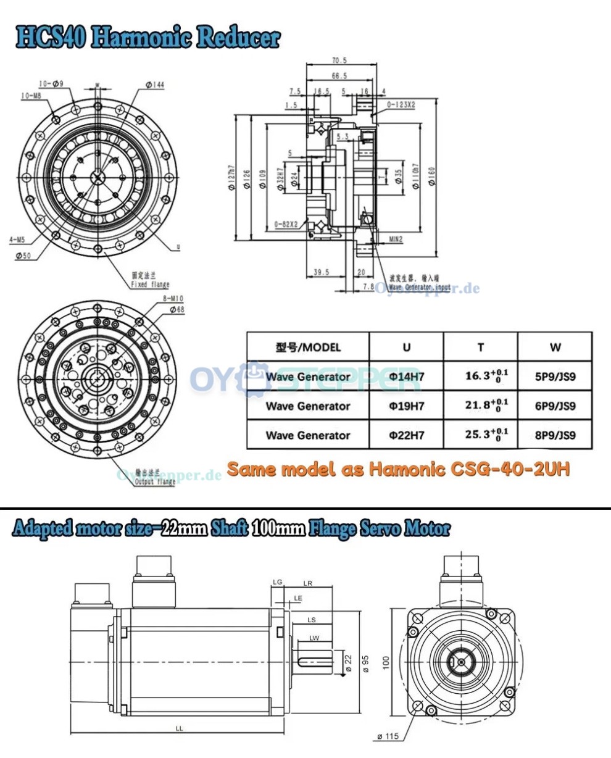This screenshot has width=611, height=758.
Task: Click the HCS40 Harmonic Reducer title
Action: pyautogui.click(x=148, y=38)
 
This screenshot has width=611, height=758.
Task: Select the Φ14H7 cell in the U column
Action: pyautogui.click(x=406, y=377)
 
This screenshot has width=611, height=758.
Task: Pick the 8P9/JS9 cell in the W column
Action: pyautogui.click(x=554, y=435)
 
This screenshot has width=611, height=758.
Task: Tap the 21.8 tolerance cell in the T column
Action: pyautogui.click(x=486, y=406)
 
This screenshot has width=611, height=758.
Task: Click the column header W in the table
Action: pyautogui.click(x=554, y=348)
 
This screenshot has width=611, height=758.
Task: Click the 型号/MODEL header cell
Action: pyautogui.click(x=307, y=348)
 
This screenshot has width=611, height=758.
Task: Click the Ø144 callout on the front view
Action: pyautogui.click(x=155, y=85)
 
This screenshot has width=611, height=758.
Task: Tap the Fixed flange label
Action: pyautogui.click(x=150, y=285)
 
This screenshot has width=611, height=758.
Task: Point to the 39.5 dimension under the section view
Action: pyautogui.click(x=321, y=272)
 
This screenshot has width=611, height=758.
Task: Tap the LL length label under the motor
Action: pyautogui.click(x=179, y=728)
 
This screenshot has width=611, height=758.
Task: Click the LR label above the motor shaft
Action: pyautogui.click(x=307, y=583)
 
